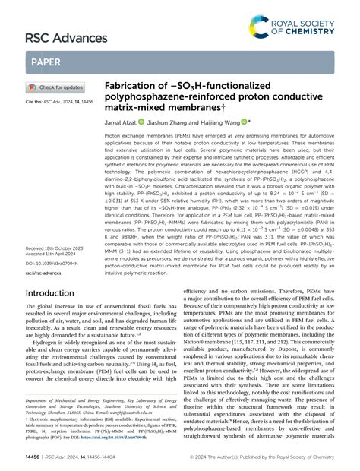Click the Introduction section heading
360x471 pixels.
point(55,270)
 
